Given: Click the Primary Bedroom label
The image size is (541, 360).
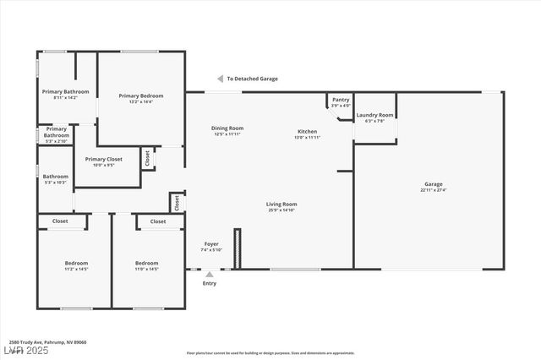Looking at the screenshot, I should [x=140, y=96].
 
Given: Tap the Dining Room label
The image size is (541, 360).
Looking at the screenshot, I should [x=227, y=128].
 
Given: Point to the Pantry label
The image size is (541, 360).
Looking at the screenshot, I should [x=341, y=100].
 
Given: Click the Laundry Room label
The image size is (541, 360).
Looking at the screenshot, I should [x=374, y=115].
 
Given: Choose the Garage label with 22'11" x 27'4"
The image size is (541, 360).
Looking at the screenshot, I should [x=433, y=184].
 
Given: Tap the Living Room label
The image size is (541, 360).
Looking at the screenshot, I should [x=281, y=204].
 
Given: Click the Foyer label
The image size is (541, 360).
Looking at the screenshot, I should [x=210, y=243].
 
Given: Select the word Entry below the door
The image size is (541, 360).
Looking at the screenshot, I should [x=209, y=283].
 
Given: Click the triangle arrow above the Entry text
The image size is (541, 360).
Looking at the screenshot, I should [x=210, y=274].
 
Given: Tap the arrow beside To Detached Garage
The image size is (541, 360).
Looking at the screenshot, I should [x=220, y=79].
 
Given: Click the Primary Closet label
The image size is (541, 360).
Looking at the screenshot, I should [x=103, y=159].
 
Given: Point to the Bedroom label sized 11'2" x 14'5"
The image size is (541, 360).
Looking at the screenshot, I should [x=76, y=263].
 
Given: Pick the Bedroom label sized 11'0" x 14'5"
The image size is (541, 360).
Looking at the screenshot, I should [x=147, y=263].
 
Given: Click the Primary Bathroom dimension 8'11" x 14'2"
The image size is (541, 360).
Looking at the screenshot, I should [x=65, y=98].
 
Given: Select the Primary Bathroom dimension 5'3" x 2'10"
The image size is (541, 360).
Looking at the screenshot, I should [x=57, y=140].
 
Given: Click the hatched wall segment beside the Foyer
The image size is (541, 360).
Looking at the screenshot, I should [x=237, y=248].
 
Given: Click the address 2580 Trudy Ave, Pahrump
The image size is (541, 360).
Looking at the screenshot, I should [x=48, y=342].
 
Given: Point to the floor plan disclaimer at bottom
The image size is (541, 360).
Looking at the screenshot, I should [x=270, y=353].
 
